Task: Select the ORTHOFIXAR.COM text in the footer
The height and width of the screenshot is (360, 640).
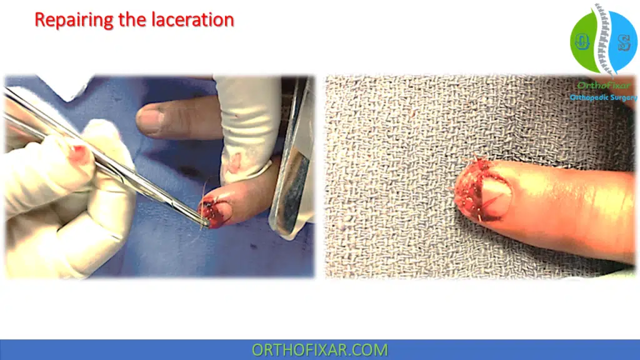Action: tap(319, 350)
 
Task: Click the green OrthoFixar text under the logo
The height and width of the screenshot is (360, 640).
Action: tap(602, 86)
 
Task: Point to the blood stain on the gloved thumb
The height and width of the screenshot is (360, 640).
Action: tap(80, 152)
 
